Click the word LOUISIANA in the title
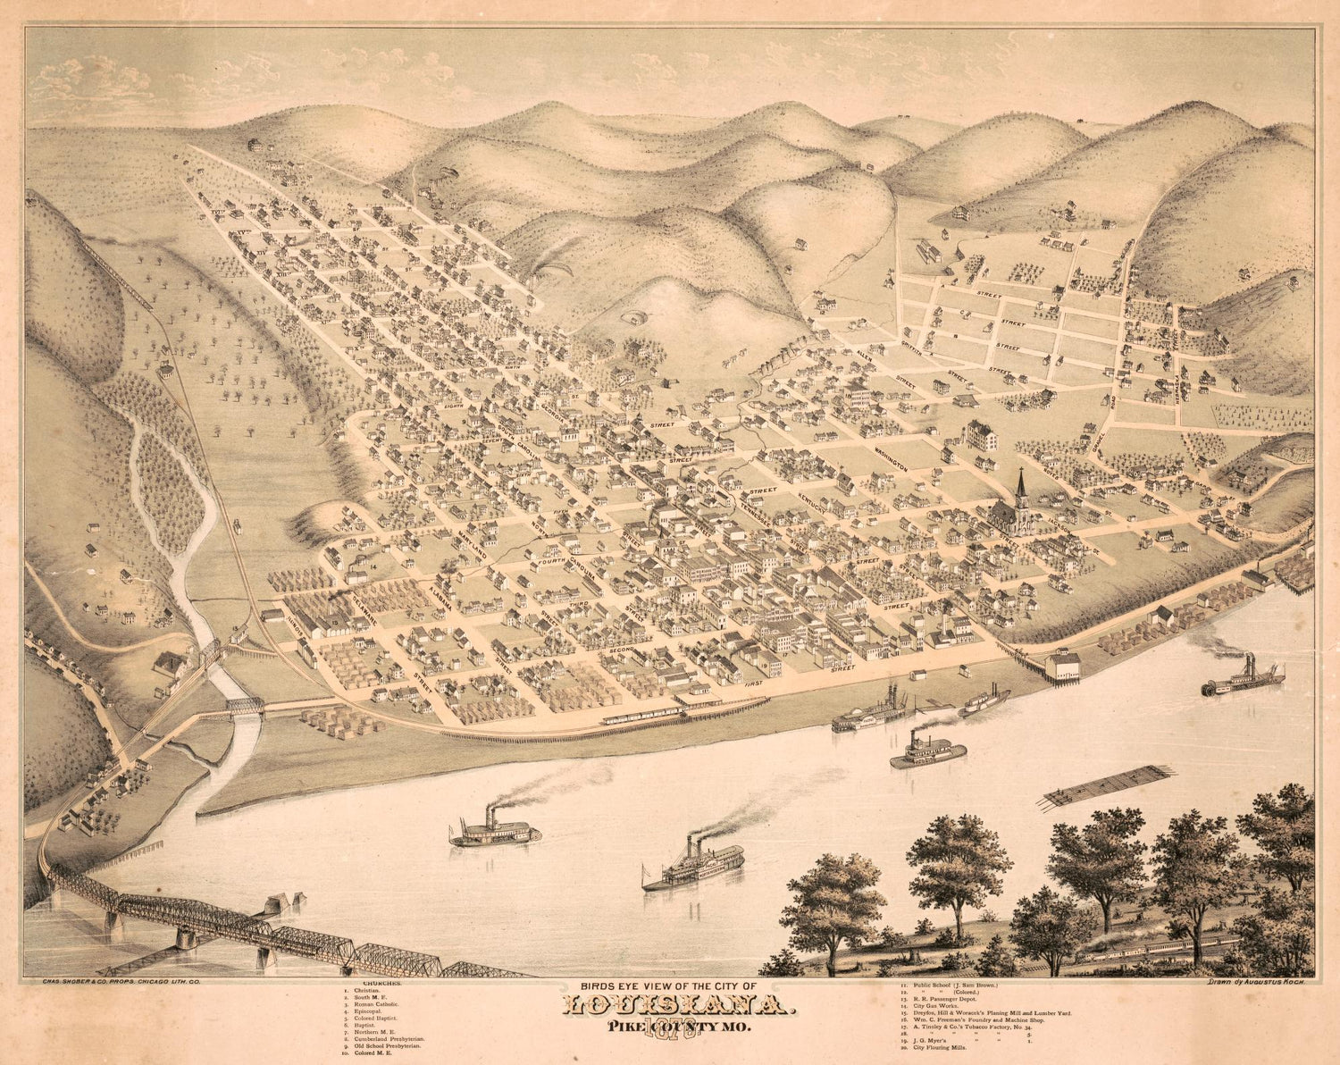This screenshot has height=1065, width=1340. click(x=675, y=1008)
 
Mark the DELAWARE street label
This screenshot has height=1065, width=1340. click(x=365, y=608)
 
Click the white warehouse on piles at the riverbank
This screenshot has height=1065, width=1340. click(x=1063, y=665)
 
